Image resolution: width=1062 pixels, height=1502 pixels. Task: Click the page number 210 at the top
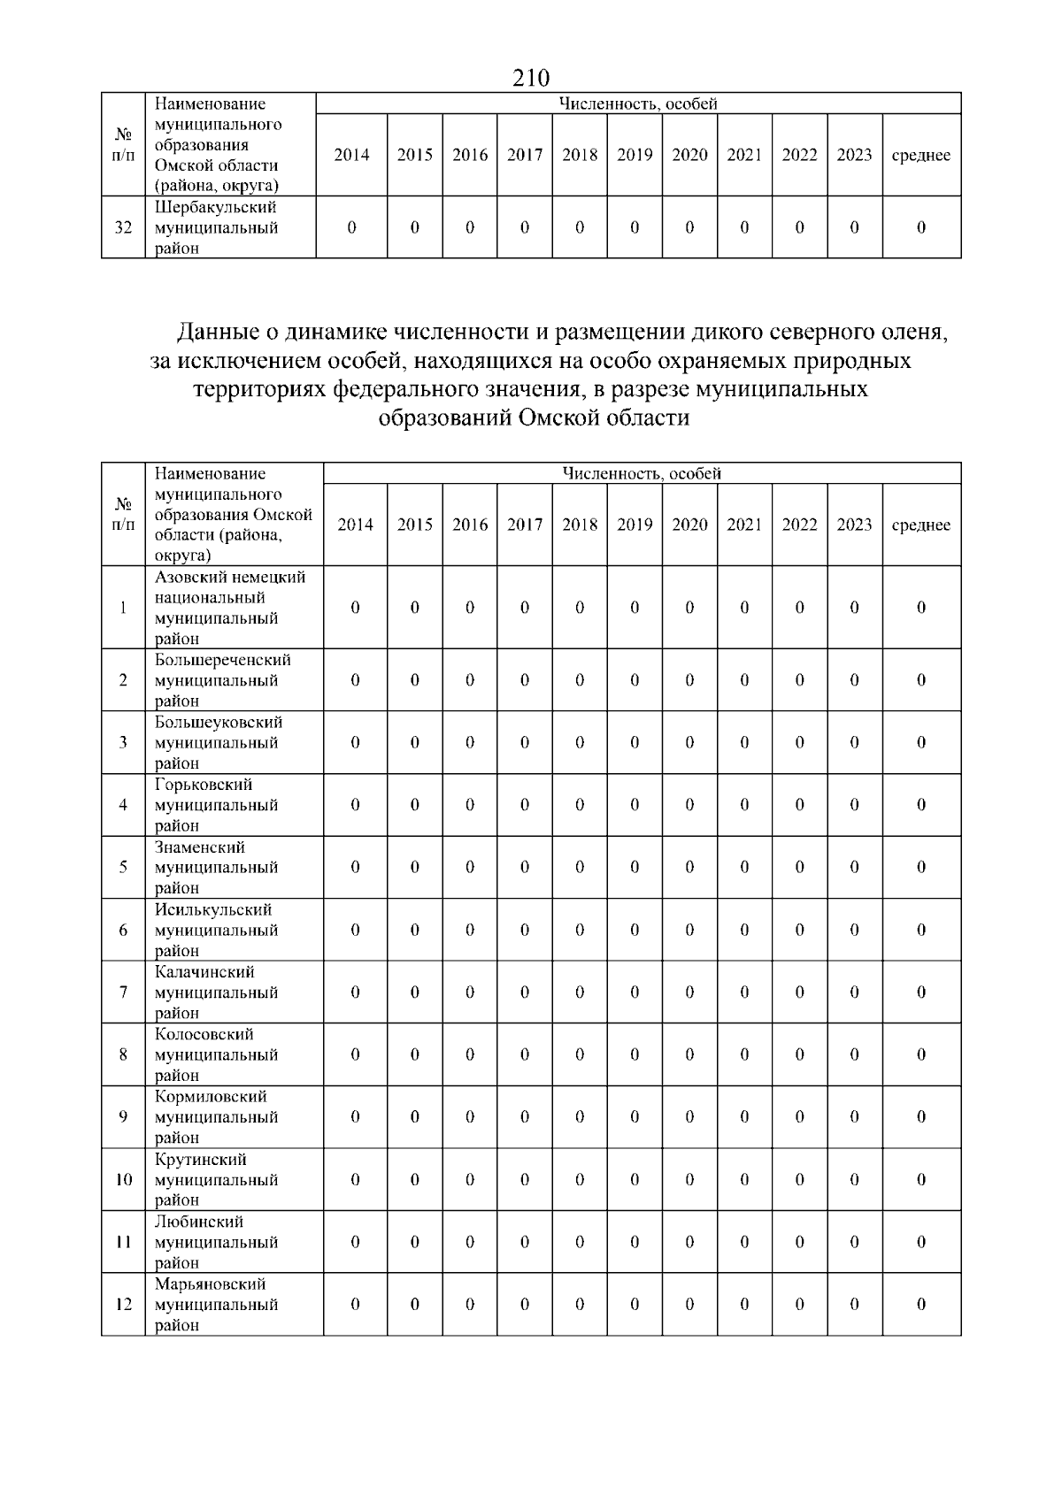531,78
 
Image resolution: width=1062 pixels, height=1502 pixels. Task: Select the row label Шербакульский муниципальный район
216,227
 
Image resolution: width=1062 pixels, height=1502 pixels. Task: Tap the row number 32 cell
123,227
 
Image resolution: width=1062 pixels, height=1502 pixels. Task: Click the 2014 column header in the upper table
351,155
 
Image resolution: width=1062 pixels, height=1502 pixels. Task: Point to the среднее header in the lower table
920,525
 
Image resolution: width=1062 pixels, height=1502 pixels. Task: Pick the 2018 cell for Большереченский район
580,680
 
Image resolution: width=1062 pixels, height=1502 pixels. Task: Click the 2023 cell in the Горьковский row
854,805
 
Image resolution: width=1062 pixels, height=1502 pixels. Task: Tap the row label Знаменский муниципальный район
216,868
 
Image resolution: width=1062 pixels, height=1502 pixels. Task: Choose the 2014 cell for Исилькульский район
355,930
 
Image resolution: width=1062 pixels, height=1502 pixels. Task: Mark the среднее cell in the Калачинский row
920,992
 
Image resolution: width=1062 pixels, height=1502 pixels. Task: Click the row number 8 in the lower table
123,1054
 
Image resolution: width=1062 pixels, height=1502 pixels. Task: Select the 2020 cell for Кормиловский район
689,1117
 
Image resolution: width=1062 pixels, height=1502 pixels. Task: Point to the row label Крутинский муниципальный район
216,1179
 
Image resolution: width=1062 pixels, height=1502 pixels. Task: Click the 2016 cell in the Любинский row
470,1242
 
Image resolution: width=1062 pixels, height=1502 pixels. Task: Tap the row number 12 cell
123,1305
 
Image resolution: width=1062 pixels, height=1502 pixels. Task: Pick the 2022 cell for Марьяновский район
799,1305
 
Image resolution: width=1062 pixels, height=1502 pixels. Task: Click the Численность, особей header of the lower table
642,473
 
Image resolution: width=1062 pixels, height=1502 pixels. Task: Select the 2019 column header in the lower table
635,525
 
